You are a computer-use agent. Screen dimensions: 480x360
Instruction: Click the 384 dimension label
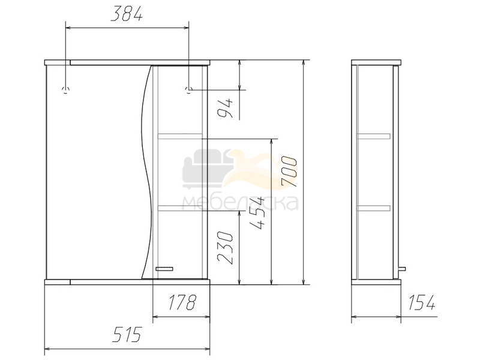click(x=127, y=14)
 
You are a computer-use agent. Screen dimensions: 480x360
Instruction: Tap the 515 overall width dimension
click(x=127, y=334)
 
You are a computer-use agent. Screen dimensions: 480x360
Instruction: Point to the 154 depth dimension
click(x=421, y=302)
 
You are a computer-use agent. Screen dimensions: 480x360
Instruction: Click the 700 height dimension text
click(x=289, y=172)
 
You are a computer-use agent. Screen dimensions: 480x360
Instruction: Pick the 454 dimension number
click(x=257, y=213)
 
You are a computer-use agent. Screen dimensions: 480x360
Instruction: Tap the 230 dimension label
click(x=225, y=247)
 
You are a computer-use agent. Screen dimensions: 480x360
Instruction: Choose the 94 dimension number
click(x=225, y=109)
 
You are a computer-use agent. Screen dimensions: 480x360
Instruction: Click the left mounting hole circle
click(x=65, y=90)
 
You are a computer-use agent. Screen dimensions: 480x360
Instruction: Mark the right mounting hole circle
click(x=189, y=89)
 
